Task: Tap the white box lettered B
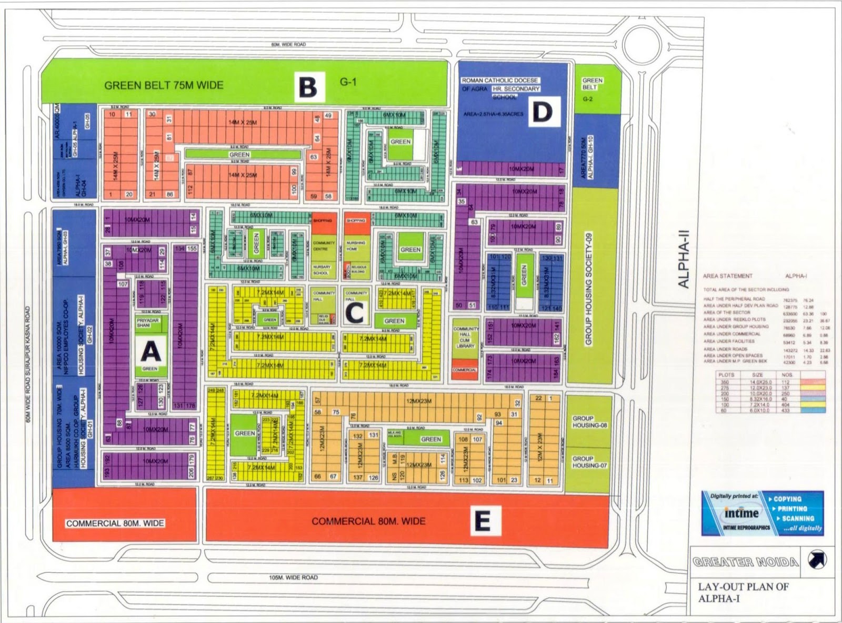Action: pos(308,87)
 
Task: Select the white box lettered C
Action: pos(355,313)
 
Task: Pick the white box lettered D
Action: pos(543,112)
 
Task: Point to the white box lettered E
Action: pos(482,521)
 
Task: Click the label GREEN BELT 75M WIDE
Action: pos(164,85)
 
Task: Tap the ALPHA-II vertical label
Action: pos(683,261)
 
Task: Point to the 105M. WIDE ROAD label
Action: pos(293,577)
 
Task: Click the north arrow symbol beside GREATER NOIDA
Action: pos(817,559)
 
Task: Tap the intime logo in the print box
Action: pos(741,513)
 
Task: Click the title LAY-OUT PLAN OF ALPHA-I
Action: pos(743,592)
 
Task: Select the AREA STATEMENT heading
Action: pos(727,276)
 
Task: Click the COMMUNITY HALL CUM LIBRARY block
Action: pos(465,338)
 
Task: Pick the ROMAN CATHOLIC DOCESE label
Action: pos(500,81)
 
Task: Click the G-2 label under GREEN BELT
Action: pos(588,99)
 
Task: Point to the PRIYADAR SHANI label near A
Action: pos(147,322)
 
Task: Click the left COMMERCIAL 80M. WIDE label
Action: pos(115,523)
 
